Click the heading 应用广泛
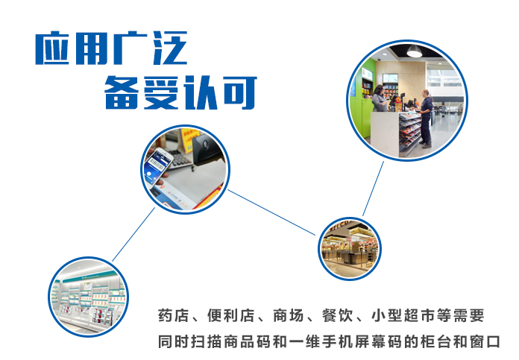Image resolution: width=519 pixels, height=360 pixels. tap(112, 48)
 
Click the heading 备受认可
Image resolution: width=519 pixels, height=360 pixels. tap(180, 92)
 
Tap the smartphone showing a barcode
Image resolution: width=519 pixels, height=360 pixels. tap(157, 167)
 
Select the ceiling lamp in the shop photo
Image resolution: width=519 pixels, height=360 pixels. tap(414, 51)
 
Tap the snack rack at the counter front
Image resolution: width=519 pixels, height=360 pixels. tap(410, 133)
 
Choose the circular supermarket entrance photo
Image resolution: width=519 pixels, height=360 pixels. tap(350, 248)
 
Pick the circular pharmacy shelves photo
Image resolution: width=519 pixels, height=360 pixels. tap(89, 297)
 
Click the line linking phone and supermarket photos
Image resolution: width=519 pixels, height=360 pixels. tap(271, 212)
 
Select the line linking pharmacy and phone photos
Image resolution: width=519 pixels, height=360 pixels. tap(133, 234)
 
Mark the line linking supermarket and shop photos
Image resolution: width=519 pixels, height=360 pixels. tap(374, 189)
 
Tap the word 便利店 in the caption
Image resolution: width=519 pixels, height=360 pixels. tap(230, 316)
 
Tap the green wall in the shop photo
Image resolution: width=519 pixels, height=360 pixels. tap(362, 109)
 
